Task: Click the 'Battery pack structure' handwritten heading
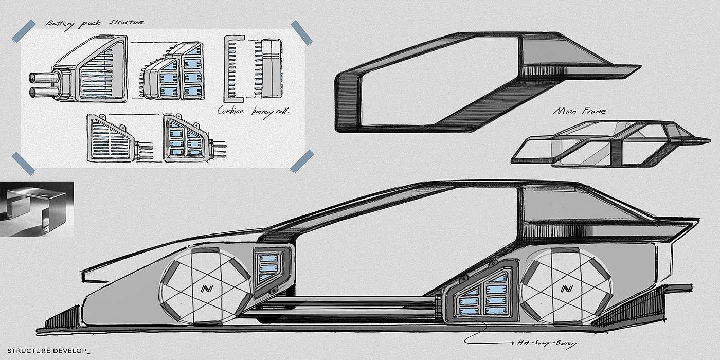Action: point(95,23)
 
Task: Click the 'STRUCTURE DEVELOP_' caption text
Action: point(52,350)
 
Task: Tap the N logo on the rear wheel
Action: point(568,287)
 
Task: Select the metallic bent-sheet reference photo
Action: point(37,208)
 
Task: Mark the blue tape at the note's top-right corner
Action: point(302,32)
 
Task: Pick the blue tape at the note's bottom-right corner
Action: point(302,161)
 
